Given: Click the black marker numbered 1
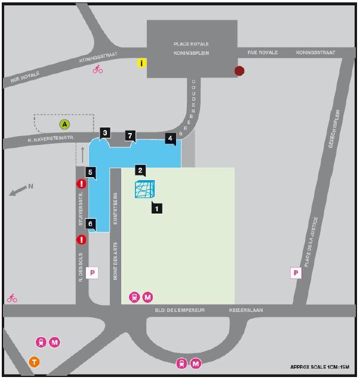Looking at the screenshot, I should click(x=156, y=208).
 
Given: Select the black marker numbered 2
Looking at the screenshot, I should click(x=140, y=170).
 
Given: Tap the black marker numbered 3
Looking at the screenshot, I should click(x=105, y=133).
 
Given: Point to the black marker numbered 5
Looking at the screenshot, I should click(x=91, y=173).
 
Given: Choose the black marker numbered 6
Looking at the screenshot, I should click(x=91, y=224).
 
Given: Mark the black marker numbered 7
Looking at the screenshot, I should click(x=130, y=136).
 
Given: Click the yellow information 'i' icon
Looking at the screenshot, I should click(x=141, y=63).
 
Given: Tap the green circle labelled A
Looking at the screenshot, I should click(x=64, y=124).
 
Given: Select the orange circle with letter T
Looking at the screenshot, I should click(x=35, y=362).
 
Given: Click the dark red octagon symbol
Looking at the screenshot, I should click(x=239, y=71).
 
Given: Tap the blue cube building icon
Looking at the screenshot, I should click(x=144, y=190).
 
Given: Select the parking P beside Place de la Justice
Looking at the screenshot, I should click(x=296, y=273).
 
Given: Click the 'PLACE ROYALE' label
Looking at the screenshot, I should click(x=191, y=44).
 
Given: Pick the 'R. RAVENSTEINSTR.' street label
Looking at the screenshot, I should click(x=50, y=139).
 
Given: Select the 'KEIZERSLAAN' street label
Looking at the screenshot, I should click(x=246, y=310).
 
